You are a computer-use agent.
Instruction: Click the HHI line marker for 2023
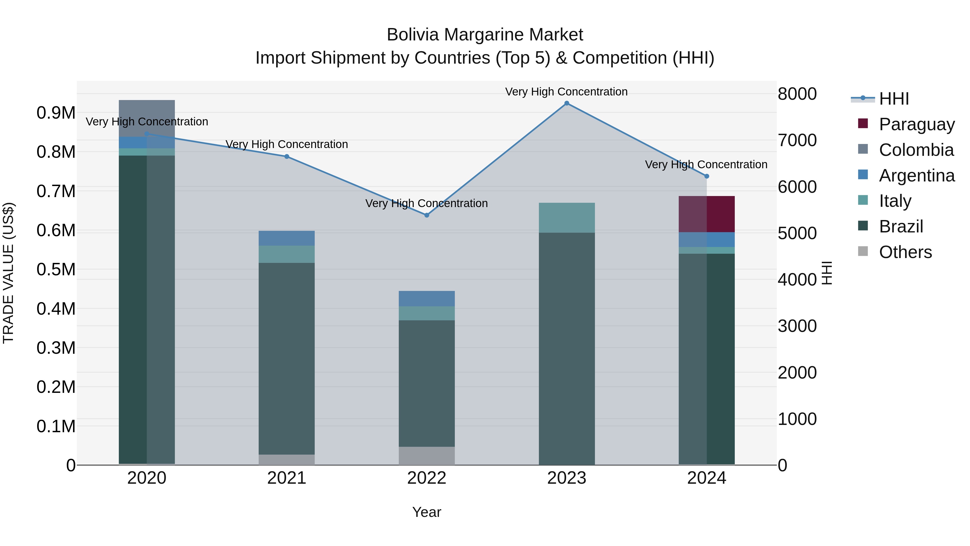[567, 103]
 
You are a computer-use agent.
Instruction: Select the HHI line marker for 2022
[427, 215]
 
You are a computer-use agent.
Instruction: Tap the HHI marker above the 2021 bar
[287, 156]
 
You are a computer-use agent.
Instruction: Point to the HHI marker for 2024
[706, 176]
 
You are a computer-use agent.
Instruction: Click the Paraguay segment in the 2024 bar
[706, 214]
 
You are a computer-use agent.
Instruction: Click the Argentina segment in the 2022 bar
[427, 298]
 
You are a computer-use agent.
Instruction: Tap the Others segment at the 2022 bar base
[427, 456]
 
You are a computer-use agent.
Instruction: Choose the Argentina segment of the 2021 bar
[287, 238]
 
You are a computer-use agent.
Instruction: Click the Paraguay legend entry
[917, 124]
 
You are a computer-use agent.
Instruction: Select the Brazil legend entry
[901, 226]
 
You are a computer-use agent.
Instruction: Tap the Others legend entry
[905, 252]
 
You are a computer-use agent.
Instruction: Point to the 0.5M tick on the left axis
[56, 269]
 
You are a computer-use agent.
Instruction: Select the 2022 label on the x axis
[427, 478]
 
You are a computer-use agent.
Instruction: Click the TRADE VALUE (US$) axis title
[8, 273]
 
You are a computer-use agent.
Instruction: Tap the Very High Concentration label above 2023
[566, 92]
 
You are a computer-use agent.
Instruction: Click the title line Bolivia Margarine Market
[485, 35]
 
